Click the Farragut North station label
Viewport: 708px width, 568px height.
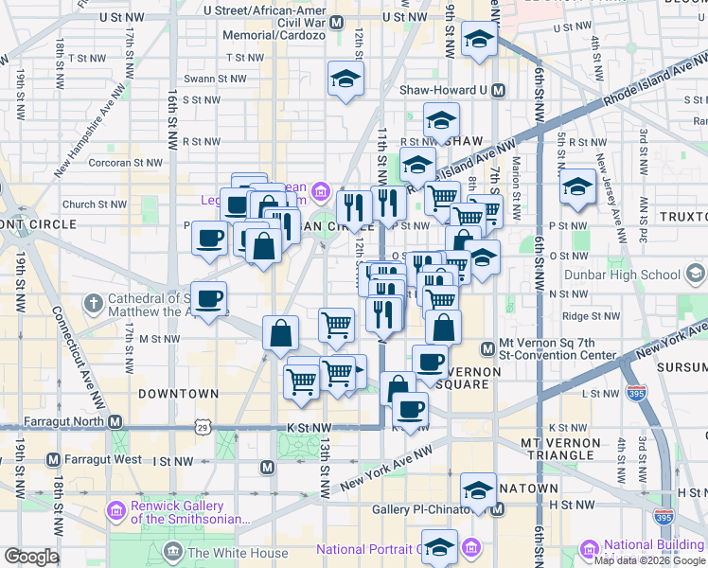point(60,420)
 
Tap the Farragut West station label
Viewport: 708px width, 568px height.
point(98,460)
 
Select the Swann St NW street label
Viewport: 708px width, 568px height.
point(211,79)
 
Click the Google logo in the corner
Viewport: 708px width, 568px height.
point(31,557)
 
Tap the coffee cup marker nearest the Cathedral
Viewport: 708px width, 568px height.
point(209,298)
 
